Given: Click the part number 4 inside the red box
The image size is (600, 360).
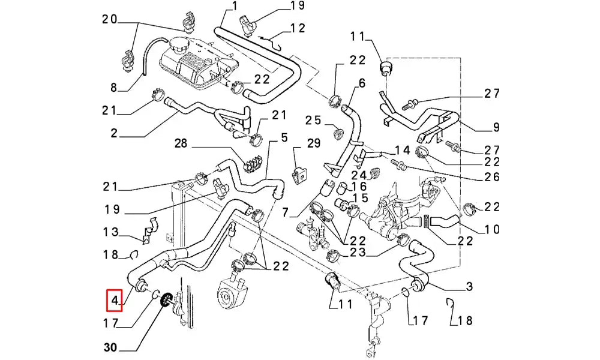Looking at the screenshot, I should (x=115, y=300).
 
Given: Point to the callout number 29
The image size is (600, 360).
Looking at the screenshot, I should (x=313, y=143).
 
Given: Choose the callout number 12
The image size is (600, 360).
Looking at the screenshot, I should (x=298, y=28).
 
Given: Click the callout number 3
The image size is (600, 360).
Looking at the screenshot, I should (x=470, y=286).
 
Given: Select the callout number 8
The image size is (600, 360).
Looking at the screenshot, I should (x=113, y=88).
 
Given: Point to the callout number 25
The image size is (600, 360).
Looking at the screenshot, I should (x=313, y=121).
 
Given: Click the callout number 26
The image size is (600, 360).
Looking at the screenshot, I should (x=492, y=177).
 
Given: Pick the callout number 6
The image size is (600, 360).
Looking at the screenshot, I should (x=362, y=83).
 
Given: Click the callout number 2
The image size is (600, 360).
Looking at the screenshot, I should (x=114, y=133).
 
